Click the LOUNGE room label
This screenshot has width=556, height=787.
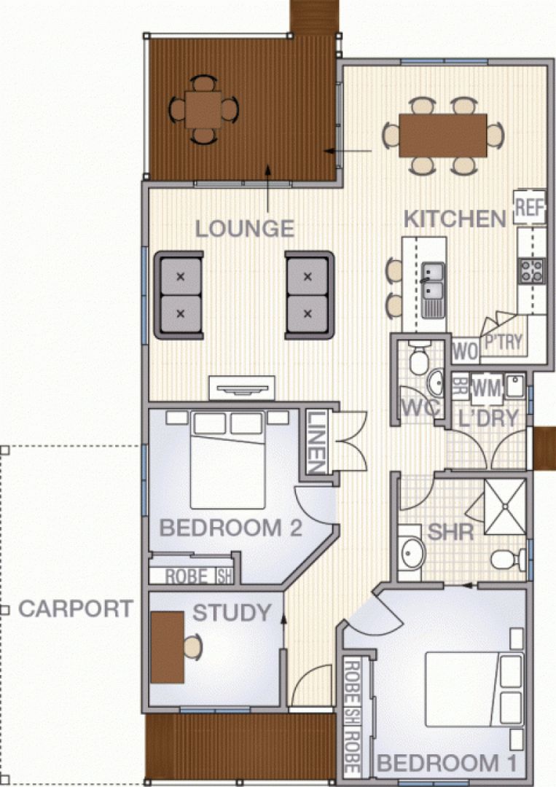point(244,229)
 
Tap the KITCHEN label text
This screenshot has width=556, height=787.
point(455,219)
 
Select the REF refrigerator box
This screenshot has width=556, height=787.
point(530,207)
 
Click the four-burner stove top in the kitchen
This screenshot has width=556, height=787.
point(532,270)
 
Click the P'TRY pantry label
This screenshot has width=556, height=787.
point(504,342)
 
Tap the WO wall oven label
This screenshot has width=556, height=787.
point(465,352)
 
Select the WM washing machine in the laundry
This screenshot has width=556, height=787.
point(487,388)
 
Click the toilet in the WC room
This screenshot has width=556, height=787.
point(419,357)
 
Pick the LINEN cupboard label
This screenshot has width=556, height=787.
point(316,442)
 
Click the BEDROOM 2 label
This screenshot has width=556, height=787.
point(230,528)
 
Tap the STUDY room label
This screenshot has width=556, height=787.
point(232,613)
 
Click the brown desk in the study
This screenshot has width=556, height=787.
point(167,647)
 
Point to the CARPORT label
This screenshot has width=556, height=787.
point(76,608)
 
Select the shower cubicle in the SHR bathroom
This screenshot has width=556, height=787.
point(505,506)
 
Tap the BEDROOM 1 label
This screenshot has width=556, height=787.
point(447,764)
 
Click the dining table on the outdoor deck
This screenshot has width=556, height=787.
point(203,109)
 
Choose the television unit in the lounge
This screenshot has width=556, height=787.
point(242,388)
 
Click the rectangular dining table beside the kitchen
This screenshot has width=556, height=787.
point(443,136)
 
